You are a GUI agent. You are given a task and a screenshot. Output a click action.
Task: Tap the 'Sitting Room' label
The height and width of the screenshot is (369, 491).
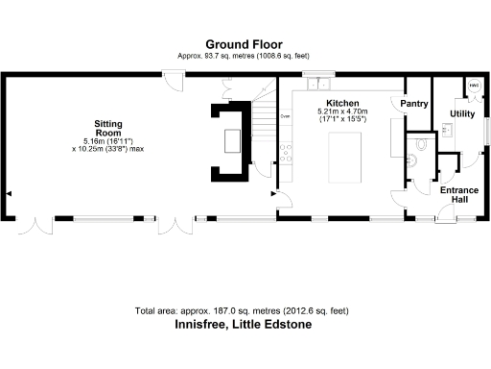[x=107, y=129]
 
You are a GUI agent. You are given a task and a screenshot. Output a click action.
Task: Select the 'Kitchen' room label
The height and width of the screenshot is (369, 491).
[x=342, y=103]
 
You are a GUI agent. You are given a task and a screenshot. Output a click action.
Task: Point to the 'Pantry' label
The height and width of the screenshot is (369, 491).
[x=413, y=103]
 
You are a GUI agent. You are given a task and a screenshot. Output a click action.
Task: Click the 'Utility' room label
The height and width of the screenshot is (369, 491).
[x=462, y=114]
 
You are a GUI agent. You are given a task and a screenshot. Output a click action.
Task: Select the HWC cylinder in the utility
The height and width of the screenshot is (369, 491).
[x=474, y=86]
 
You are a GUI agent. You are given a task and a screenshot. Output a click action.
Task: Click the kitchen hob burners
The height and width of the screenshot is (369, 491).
[x=285, y=151]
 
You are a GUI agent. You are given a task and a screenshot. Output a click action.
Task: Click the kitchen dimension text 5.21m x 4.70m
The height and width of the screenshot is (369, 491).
[x=342, y=112]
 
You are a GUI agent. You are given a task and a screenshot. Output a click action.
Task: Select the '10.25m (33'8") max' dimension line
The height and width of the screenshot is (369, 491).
[x=107, y=150]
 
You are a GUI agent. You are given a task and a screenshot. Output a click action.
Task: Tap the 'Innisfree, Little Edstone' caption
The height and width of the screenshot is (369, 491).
[x=243, y=325]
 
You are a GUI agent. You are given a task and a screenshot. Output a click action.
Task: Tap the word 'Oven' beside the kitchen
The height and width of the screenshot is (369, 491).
[x=285, y=116]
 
